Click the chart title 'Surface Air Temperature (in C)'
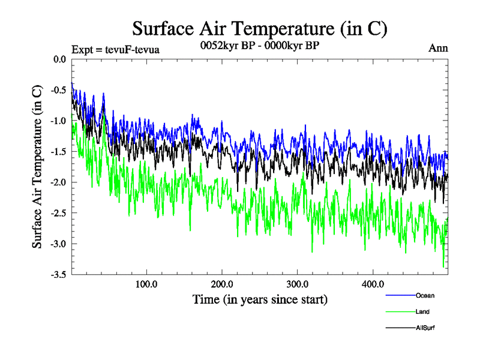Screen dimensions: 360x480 coord(259,28)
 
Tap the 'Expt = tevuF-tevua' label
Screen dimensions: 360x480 coord(115,49)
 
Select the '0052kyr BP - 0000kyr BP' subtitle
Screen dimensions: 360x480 coord(259,45)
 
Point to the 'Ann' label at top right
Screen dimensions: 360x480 coord(438,49)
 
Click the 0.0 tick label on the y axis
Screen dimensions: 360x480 coord(59,59)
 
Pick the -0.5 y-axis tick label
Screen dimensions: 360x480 coord(58,90)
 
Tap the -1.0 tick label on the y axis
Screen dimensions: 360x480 coord(58,121)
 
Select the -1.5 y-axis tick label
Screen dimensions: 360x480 coord(58,152)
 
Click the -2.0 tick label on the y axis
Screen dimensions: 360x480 coord(58,182)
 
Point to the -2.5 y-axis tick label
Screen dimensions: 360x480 coord(58,213)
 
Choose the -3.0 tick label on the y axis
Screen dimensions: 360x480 coord(58,244)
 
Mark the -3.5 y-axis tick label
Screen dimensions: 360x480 coord(58,275)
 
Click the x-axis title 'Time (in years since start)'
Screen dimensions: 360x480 coord(260,299)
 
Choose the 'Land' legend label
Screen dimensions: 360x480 coord(422,311)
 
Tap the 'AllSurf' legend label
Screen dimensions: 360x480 coord(425,328)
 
